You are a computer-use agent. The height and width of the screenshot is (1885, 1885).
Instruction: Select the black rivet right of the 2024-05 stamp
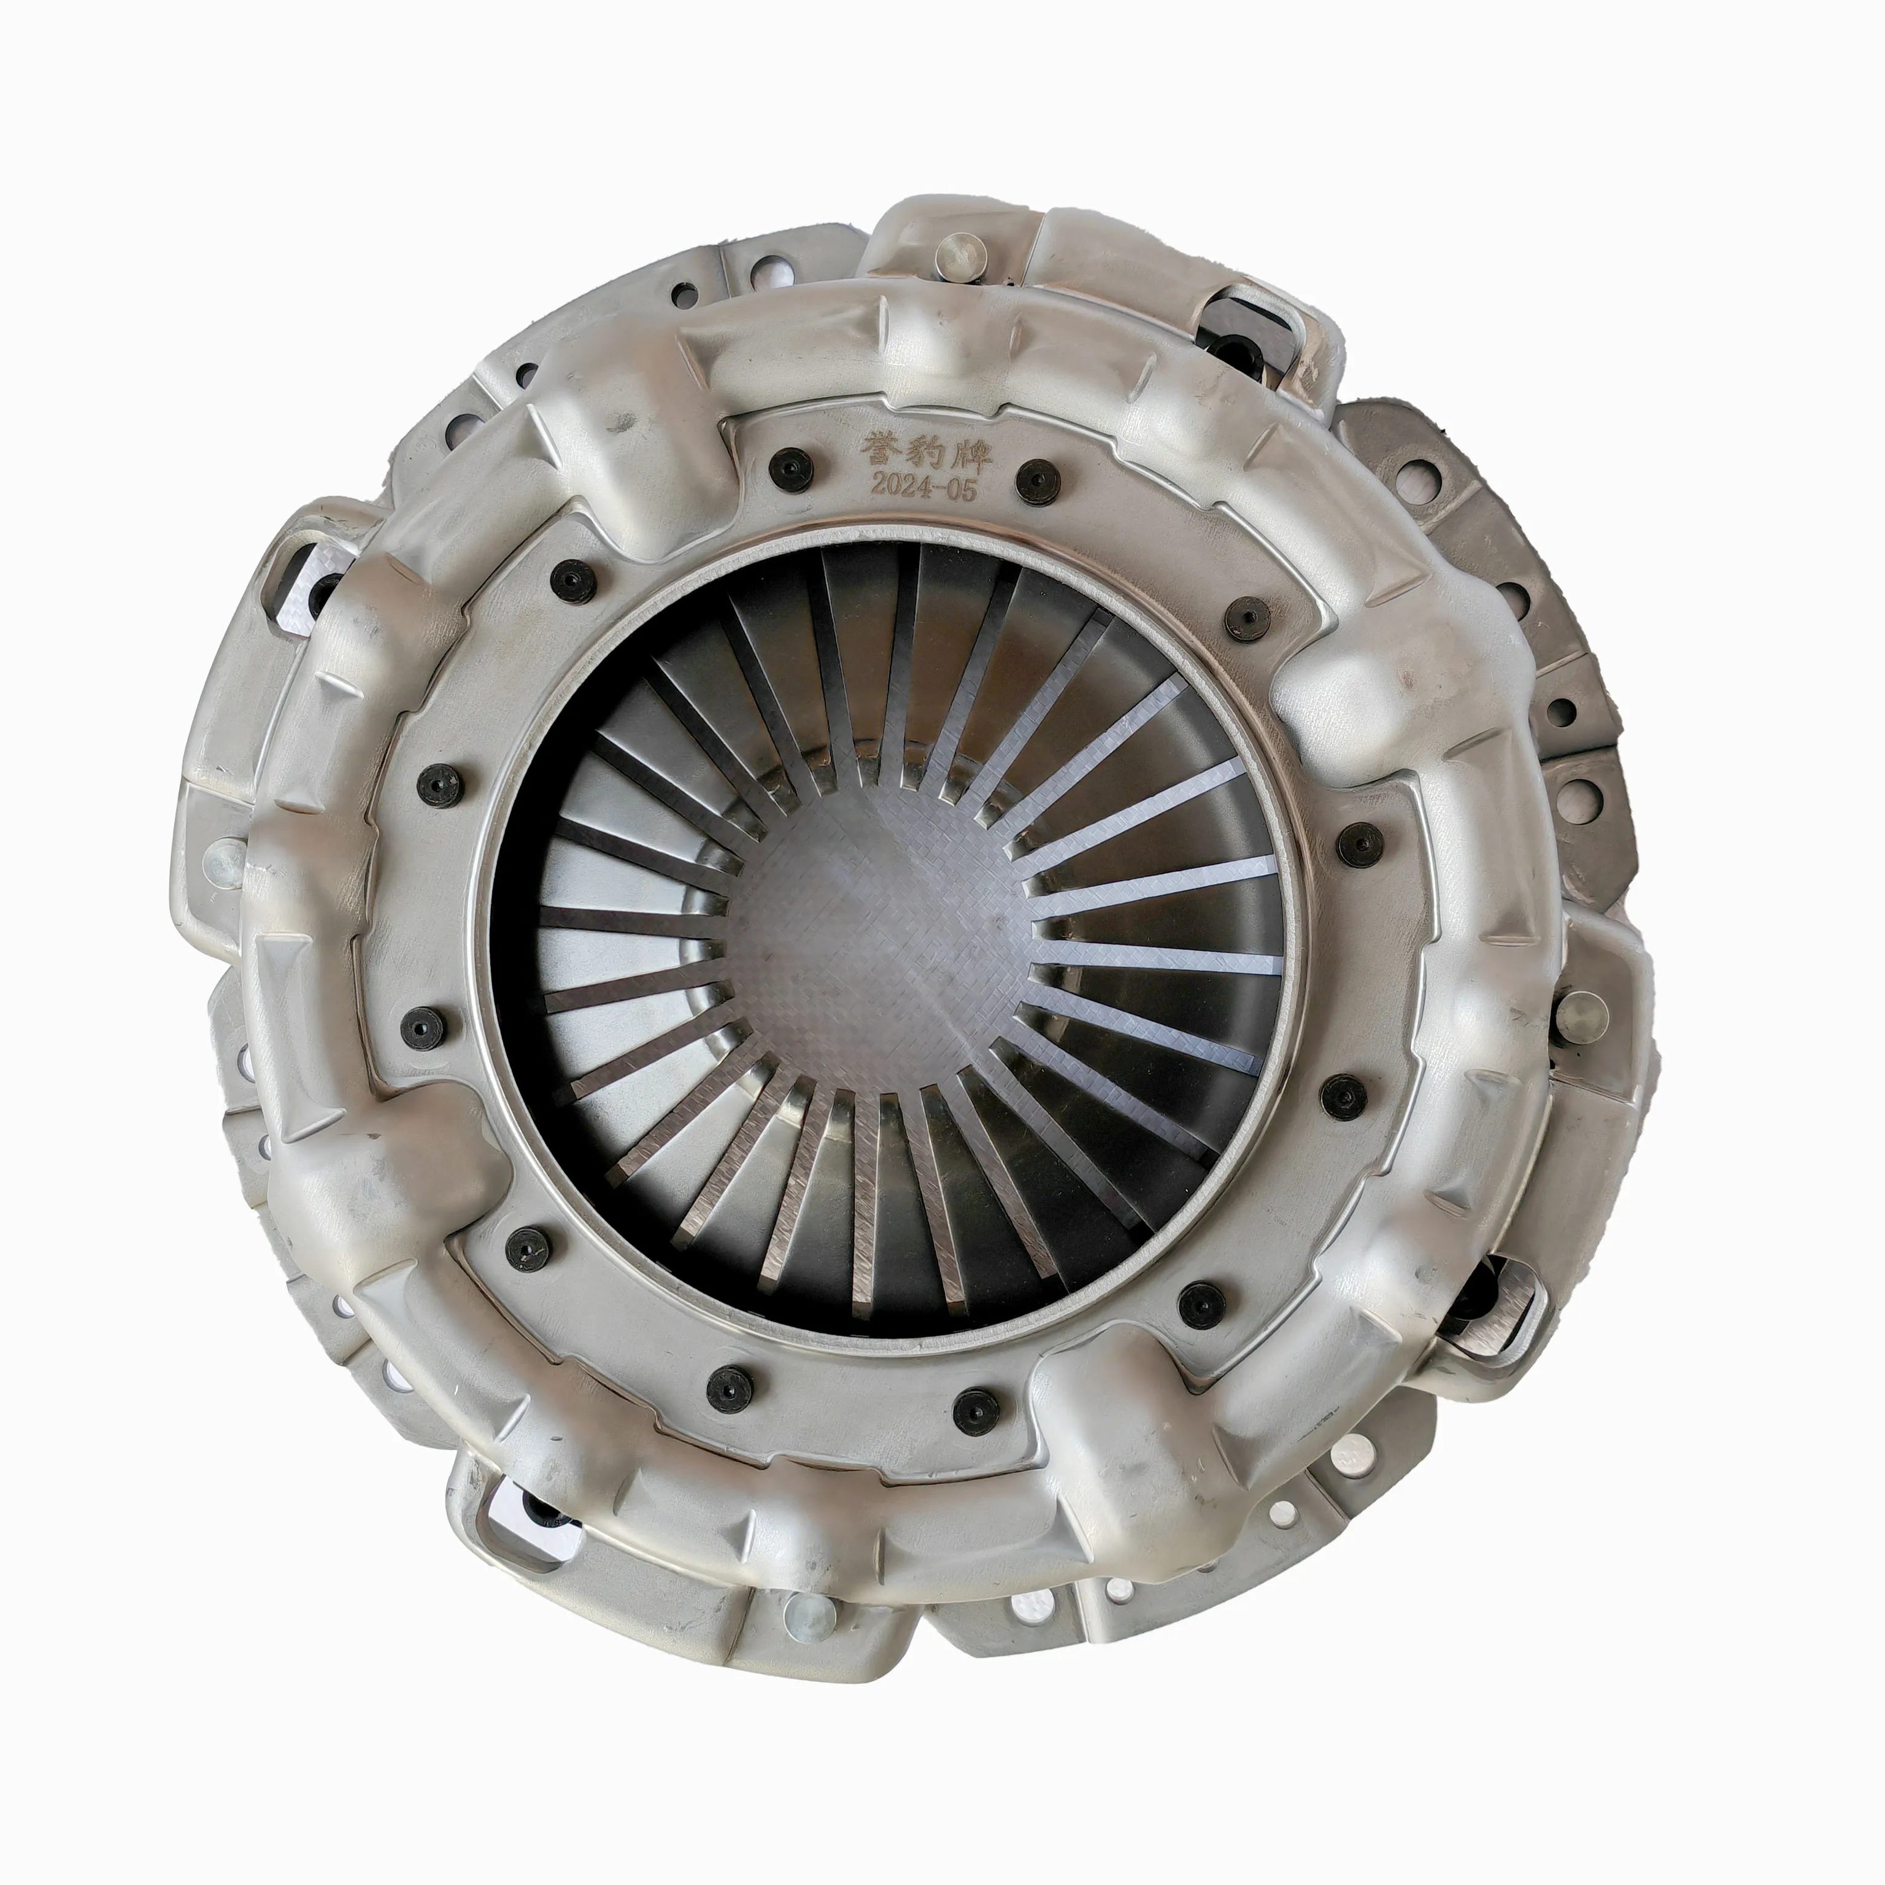pyautogui.click(x=1036, y=481)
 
